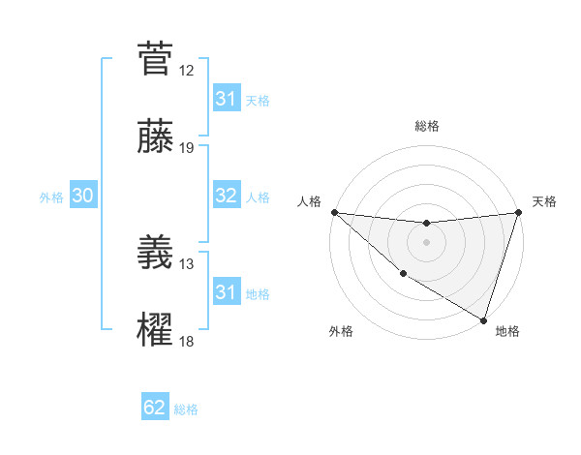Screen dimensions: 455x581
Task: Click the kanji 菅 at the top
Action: [156, 58]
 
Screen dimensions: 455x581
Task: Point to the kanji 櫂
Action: [156, 330]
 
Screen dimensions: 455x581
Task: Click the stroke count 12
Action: [187, 71]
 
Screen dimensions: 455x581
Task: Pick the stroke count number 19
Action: [187, 148]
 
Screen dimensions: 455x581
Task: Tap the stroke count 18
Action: [187, 342]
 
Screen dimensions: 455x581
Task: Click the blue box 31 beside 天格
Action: [226, 99]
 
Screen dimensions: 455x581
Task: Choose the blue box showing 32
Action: [226, 196]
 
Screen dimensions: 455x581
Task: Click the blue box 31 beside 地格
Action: [226, 292]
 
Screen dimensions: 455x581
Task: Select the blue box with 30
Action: [82, 196]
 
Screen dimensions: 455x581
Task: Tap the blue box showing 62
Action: [155, 408]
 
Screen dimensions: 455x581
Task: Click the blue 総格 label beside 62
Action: [186, 409]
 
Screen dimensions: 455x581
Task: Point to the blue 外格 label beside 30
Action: [51, 197]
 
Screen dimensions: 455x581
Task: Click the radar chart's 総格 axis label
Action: [426, 126]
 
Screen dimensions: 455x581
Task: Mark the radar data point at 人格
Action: [334, 212]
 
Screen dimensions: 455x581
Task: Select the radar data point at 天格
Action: [518, 212]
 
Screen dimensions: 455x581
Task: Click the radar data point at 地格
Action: [483, 319]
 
